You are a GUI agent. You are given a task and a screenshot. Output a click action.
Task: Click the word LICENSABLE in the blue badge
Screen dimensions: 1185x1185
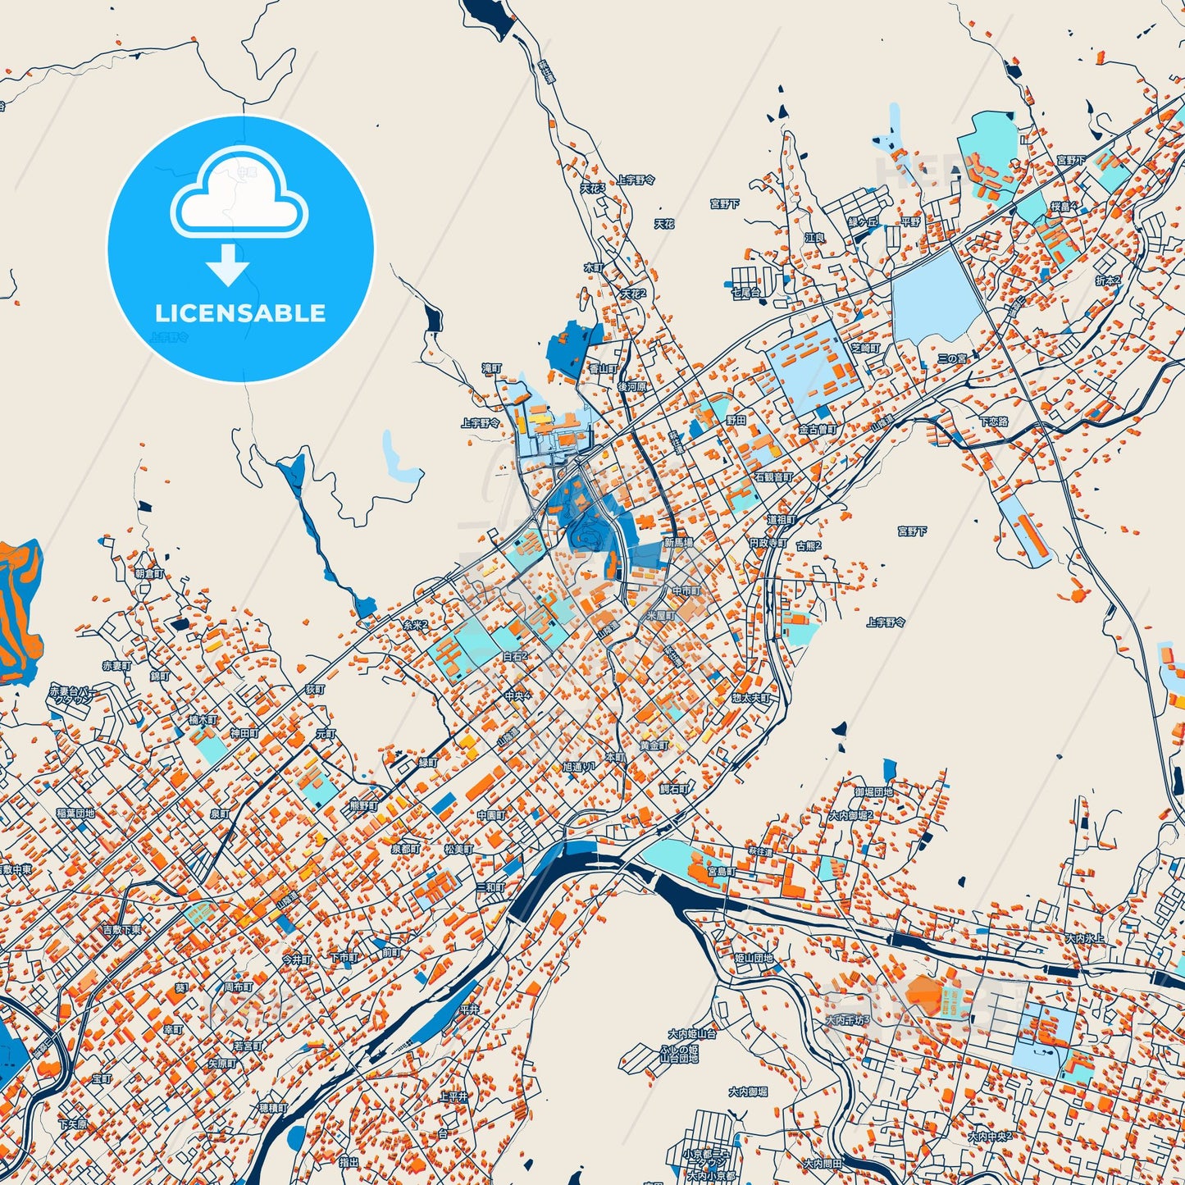pos(240,313)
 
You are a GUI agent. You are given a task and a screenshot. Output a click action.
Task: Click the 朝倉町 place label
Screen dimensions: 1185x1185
pos(149,574)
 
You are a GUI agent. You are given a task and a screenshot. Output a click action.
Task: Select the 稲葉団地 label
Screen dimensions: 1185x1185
pos(75,813)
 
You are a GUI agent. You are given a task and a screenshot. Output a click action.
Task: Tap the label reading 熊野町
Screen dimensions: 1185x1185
pos(362,805)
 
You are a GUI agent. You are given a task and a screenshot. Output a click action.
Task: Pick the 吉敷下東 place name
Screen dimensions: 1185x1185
pos(121,930)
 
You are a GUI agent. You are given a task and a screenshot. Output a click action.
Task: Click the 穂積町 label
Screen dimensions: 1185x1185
pos(273,1108)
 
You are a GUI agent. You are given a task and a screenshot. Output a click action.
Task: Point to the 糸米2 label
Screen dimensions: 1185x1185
pos(415,626)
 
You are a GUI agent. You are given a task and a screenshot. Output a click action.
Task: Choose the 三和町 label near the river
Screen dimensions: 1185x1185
pos(490,887)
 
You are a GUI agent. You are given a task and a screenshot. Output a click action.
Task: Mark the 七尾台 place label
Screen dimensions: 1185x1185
pos(745,291)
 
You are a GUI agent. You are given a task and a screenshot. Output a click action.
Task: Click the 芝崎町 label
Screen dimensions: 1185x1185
pos(864,348)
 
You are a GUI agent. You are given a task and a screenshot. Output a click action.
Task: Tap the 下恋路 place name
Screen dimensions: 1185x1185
pos(994,422)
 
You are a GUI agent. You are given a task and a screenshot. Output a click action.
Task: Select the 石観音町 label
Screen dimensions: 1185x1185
pos(773,476)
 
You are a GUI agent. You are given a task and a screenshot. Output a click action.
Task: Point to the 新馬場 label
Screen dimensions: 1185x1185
pos(678,543)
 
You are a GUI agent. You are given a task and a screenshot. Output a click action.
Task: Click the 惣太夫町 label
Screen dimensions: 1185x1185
pos(751,698)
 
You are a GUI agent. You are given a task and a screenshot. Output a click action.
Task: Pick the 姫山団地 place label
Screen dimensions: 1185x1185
pos(753,958)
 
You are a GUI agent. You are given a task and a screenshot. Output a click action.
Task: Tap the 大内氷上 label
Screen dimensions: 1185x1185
pos(1084,937)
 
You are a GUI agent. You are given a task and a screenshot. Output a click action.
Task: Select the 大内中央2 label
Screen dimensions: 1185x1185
pos(990,1137)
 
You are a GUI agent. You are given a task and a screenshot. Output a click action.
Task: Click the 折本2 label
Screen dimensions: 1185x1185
pos(1108,280)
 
